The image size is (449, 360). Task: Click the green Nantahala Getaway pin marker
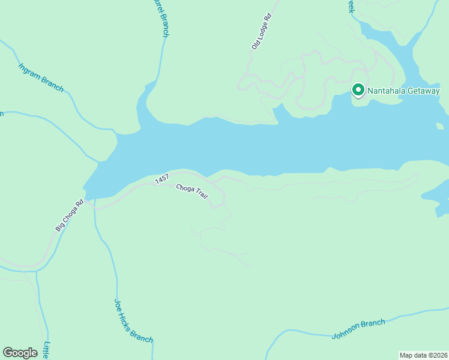pos(358,90)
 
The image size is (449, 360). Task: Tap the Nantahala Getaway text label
pos(403,91)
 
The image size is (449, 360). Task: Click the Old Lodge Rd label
pos(262,31)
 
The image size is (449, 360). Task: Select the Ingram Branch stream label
pos(41,77)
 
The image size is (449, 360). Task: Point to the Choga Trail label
pos(191,196)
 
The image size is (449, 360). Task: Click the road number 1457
pos(161,179)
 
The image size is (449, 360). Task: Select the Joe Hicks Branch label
pos(133,321)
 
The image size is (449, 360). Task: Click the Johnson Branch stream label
pos(358,329)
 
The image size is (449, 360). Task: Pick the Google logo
pos(20,353)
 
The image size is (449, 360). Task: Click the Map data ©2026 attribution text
pos(424,355)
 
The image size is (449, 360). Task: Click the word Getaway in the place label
pos(424,91)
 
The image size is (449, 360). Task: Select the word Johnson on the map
pos(346,332)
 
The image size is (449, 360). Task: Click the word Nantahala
pos(387,91)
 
